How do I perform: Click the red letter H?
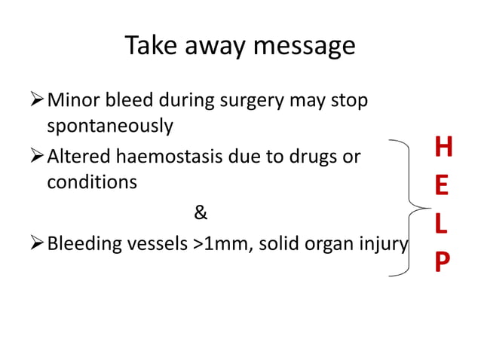(x=444, y=149)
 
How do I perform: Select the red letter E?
(x=443, y=187)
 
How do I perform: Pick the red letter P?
(x=443, y=262)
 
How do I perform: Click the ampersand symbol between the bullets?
(x=200, y=213)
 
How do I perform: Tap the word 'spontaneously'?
(x=110, y=126)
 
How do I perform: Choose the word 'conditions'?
(x=93, y=183)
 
